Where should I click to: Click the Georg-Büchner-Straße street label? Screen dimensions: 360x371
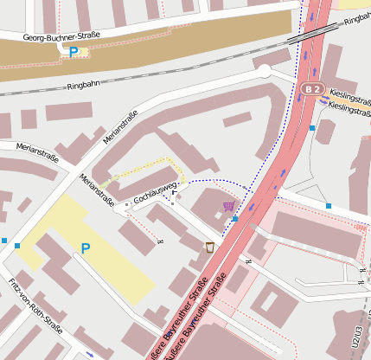tap(61, 35)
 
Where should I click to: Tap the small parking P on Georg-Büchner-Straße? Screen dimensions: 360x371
tap(73, 52)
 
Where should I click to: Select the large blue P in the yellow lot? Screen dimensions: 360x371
tap(86, 249)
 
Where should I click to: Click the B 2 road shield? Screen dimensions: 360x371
tap(313, 89)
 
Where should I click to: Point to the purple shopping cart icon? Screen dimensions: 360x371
tap(228, 206)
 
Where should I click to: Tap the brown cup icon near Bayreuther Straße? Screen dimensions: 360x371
tap(209, 247)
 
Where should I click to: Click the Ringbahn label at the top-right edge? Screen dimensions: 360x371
tap(357, 20)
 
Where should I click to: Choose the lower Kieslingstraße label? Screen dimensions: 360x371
tap(350, 106)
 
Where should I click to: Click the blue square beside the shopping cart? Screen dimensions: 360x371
tap(235, 219)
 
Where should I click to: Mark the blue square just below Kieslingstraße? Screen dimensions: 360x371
tap(312, 128)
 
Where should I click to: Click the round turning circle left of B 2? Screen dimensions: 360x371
tap(263, 71)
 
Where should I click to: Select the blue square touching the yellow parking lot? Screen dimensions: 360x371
tap(17, 246)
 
